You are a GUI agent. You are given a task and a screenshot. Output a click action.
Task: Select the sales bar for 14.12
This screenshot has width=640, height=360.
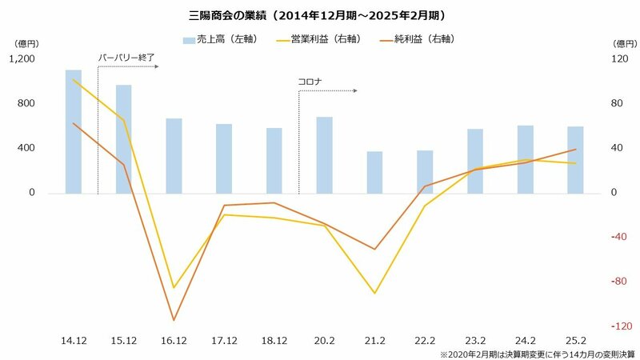74,131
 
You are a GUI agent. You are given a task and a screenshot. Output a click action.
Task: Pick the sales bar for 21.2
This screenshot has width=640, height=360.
374,172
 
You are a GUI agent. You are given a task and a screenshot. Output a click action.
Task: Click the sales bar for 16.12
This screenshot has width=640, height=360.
174,155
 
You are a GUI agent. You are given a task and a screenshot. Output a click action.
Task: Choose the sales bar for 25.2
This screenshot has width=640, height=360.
575,159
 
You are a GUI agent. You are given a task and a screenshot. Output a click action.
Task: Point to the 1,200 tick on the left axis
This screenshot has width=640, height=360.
24,58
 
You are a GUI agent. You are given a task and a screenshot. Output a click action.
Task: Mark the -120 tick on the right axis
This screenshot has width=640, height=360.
613,326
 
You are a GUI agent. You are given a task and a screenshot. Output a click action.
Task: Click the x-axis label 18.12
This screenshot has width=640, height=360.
274,340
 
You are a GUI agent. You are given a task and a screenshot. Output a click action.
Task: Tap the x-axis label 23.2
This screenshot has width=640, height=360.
474,340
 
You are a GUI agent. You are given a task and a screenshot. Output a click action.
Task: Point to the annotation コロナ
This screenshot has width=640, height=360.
310,81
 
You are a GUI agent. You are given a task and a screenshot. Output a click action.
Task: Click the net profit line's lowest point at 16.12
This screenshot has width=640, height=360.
174,321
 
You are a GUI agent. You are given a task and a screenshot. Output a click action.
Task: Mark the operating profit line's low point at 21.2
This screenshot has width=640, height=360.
374,293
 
